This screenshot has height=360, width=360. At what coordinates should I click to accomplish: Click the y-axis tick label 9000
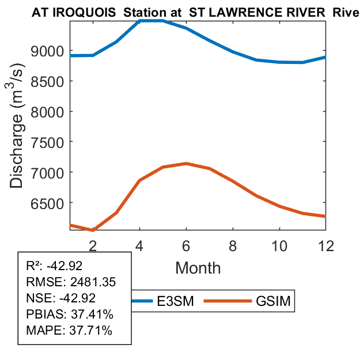(x=51, y=51)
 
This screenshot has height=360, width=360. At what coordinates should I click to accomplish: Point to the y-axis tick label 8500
(x=51, y=81)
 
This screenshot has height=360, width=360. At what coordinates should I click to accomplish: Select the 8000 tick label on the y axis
(x=51, y=111)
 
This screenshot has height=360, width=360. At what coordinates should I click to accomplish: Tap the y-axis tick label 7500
(x=51, y=142)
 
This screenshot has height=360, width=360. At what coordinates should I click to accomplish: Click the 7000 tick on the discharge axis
(x=51, y=172)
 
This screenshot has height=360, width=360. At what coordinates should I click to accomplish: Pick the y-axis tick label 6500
(x=51, y=203)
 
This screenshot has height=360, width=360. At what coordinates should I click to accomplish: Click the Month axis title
(x=198, y=267)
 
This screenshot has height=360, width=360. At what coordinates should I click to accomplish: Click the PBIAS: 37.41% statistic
(x=70, y=314)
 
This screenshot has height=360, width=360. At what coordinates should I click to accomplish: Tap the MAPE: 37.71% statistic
(x=70, y=331)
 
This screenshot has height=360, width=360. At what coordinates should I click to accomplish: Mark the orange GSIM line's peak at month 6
(x=186, y=164)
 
